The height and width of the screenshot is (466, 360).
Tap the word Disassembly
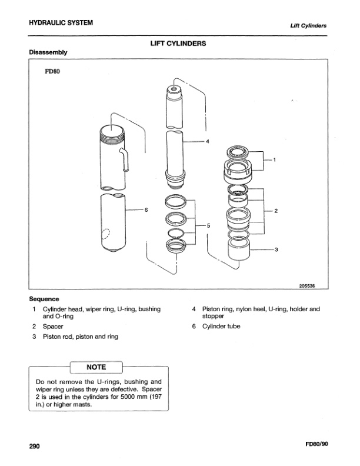point(48,52)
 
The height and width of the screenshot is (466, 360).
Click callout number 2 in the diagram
point(275,210)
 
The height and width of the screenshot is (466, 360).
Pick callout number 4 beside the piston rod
point(206,141)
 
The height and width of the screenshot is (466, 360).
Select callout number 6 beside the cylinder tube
point(145,209)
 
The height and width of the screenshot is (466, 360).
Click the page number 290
point(34,447)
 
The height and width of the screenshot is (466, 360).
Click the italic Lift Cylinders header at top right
point(308,25)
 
